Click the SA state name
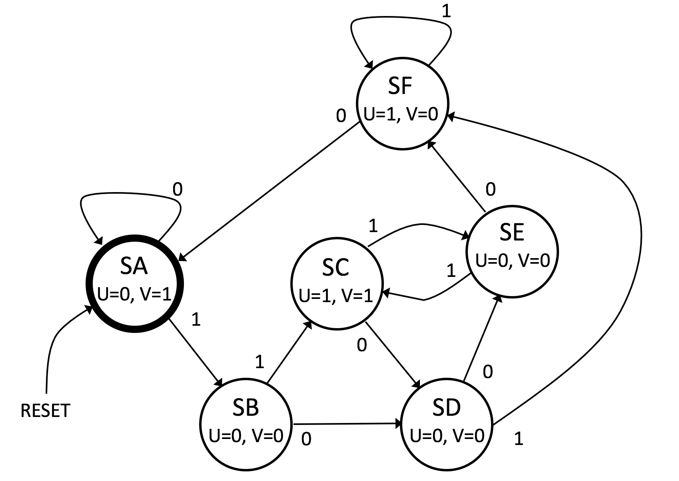(x=134, y=267)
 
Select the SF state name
(x=400, y=86)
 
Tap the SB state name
(x=246, y=407)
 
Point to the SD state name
(x=447, y=407)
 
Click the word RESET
(x=45, y=411)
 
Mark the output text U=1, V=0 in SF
(x=401, y=114)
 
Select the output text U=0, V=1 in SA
(x=134, y=295)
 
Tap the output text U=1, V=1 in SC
(x=336, y=296)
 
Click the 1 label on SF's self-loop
(x=446, y=12)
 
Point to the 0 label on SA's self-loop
(x=177, y=189)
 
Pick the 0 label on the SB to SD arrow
(x=306, y=439)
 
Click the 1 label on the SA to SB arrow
(x=196, y=319)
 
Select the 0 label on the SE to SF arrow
(x=490, y=189)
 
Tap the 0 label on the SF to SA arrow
(x=341, y=116)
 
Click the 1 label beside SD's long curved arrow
(x=518, y=439)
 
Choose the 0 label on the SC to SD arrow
(x=361, y=345)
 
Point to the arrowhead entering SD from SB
(x=399, y=423)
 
